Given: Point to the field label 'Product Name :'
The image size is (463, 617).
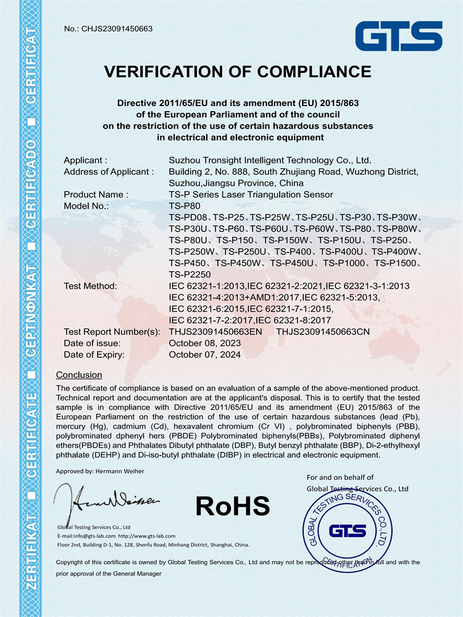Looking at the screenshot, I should pyautogui.click(x=96, y=194).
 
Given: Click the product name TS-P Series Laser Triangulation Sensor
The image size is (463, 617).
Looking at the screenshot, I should pyautogui.click(x=251, y=194).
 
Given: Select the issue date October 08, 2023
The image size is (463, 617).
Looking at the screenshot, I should pyautogui.click(x=206, y=343).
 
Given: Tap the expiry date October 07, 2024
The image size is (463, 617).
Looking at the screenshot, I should pyautogui.click(x=206, y=355).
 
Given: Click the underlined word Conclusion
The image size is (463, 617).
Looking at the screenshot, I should pyautogui.click(x=79, y=375).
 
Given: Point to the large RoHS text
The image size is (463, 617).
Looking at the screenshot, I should pyautogui.click(x=233, y=506).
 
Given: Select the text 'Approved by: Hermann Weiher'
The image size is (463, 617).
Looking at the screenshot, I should pyautogui.click(x=100, y=471).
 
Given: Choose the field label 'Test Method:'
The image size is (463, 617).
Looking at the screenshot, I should pyautogui.click(x=90, y=286).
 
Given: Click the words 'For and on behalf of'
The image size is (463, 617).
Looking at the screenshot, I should pyautogui.click(x=340, y=477).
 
